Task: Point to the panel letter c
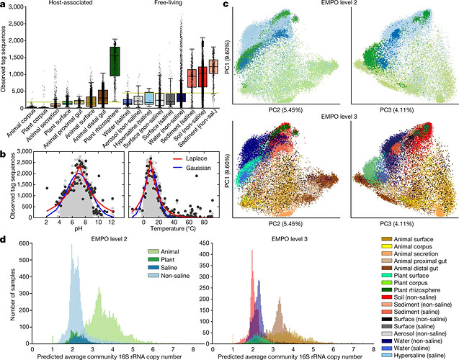(x=228, y=6)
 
